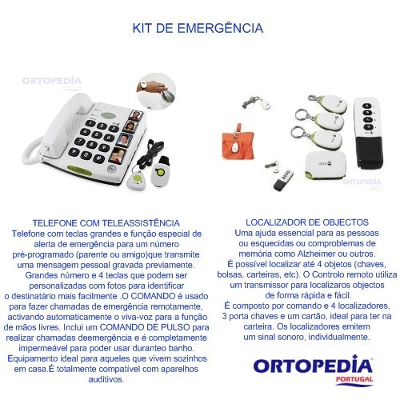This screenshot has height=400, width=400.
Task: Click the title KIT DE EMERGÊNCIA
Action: pos(198,28)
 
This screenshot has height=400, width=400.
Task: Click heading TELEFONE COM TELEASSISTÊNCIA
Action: pos(106,222)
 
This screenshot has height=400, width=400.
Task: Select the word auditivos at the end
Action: pos(106,378)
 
